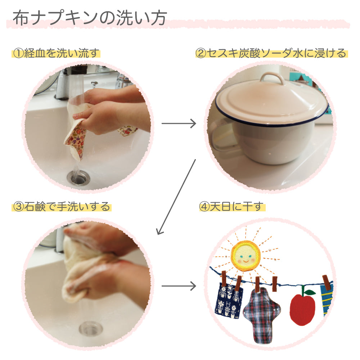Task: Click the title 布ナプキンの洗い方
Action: point(90,18)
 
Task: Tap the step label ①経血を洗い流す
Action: point(56,53)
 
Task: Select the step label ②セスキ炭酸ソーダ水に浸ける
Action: point(271,53)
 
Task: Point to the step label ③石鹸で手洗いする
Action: point(62,206)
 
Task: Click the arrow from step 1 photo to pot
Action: point(179,123)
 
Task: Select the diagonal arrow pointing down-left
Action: point(176,197)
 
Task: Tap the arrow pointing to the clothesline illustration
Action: point(179,286)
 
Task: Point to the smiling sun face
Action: point(246,255)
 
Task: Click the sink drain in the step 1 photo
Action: point(78,178)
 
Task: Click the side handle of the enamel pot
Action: point(221,135)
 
